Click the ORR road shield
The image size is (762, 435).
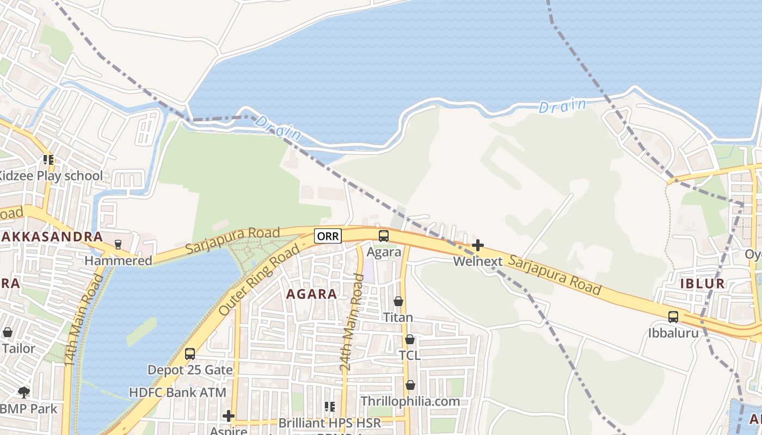point(328,236)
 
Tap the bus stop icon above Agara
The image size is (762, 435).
point(384,236)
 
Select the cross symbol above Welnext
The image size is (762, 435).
point(478,245)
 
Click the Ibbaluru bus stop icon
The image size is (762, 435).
point(673,317)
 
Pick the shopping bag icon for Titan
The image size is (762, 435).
point(398,301)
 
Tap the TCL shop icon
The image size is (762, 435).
point(410,339)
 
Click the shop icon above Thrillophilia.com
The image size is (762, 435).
point(410,385)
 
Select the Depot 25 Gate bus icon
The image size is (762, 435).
point(190,354)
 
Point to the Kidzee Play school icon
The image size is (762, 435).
point(48,160)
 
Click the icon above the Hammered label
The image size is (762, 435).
point(118,245)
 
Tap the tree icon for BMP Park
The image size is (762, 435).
point(23,392)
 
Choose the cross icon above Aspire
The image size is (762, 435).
point(229,417)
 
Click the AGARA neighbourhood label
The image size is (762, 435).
point(311,294)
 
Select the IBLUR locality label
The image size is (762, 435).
point(702,283)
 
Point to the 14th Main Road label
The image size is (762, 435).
point(83,320)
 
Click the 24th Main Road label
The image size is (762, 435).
point(352,323)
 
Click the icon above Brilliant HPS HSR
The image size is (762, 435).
point(329,407)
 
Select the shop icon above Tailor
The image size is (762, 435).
point(8,332)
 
